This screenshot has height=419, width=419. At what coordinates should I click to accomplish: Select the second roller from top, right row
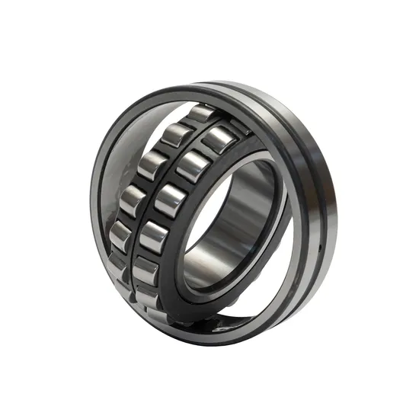click(192, 166)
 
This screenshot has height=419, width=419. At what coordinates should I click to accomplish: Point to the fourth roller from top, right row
click(154, 238)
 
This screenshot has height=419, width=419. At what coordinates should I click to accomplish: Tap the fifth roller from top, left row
click(120, 235)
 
